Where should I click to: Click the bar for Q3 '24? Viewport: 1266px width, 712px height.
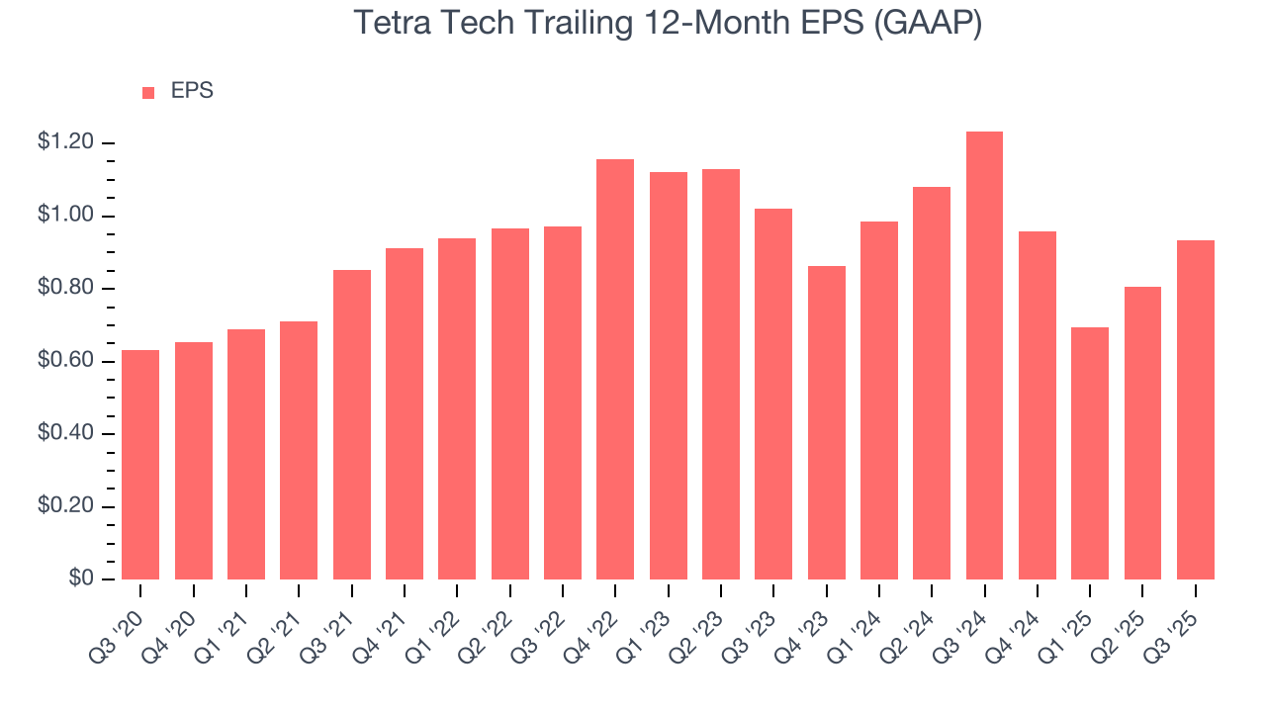pyautogui.click(x=984, y=356)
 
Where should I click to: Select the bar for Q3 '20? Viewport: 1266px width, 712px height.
pyautogui.click(x=140, y=465)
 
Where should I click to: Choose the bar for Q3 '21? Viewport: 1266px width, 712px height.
pyautogui.click(x=352, y=424)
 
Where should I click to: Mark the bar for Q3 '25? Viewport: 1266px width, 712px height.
pyautogui.click(x=1195, y=409)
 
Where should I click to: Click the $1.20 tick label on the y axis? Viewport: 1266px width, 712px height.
pyautogui.click(x=65, y=143)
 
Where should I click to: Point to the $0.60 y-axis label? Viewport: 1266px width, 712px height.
pyautogui.click(x=65, y=362)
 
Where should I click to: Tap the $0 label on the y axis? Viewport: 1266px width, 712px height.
pyautogui.click(x=80, y=579)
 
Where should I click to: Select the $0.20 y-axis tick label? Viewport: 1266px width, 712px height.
pyautogui.click(x=65, y=507)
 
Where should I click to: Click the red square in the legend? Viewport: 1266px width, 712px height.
pyautogui.click(x=148, y=93)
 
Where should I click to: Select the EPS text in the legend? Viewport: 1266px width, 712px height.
pyautogui.click(x=192, y=91)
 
